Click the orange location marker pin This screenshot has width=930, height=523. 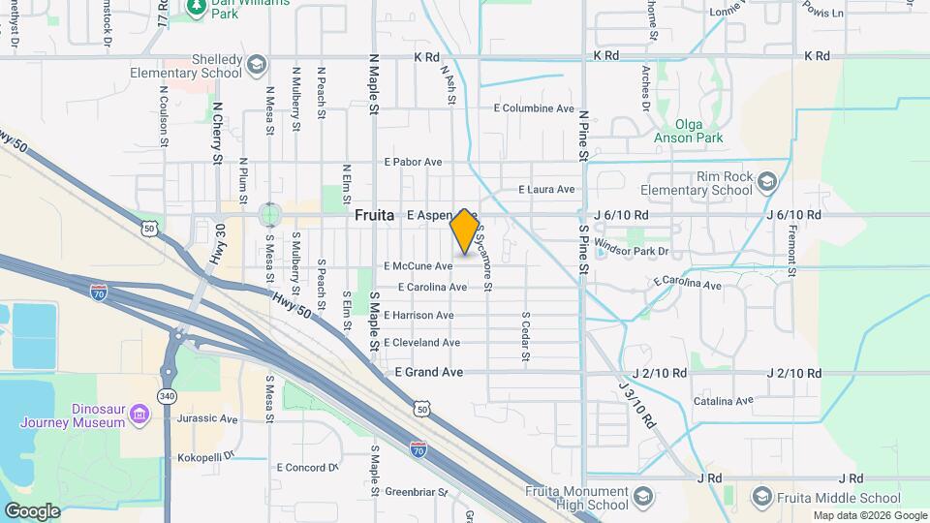coord(464,231)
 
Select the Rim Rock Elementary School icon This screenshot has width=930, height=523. coord(767,181)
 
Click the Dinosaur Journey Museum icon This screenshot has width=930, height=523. coord(142,415)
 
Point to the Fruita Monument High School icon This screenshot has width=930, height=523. coord(640,499)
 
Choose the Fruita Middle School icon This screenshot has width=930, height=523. coord(760,498)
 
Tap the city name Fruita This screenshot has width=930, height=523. coord(374,215)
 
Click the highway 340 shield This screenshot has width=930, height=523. coord(168,398)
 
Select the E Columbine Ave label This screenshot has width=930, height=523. coord(534,108)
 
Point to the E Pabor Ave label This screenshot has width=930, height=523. coord(413,162)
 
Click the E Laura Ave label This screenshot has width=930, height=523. coord(547,190)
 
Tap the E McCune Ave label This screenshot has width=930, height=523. coord(418,265)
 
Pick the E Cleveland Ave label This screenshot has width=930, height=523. coord(421,343)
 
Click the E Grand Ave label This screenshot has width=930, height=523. coord(429,372)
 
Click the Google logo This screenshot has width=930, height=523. coord(32,510)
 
